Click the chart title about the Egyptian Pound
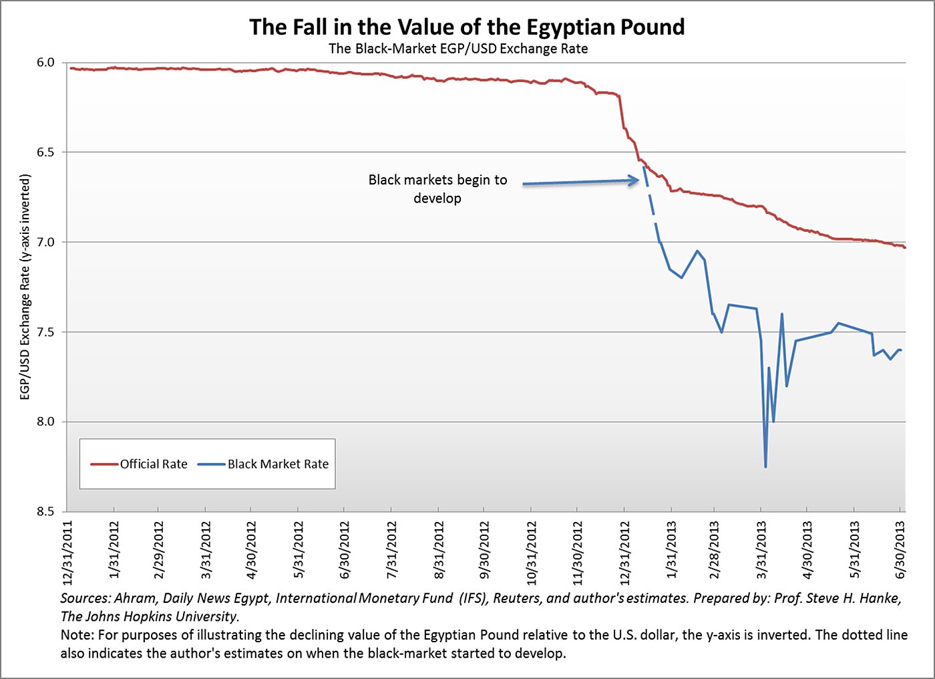click(467, 27)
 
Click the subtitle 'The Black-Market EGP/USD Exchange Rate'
click(458, 49)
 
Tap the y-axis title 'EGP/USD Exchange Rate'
click(25, 287)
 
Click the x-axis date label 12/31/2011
click(68, 549)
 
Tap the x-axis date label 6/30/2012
click(345, 549)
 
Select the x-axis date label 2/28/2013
click(715, 549)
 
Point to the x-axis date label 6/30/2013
click(900, 549)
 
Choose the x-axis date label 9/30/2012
click(484, 549)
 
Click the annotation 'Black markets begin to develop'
click(437, 189)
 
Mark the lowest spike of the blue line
click(765, 466)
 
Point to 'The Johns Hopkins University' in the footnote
click(149, 616)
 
